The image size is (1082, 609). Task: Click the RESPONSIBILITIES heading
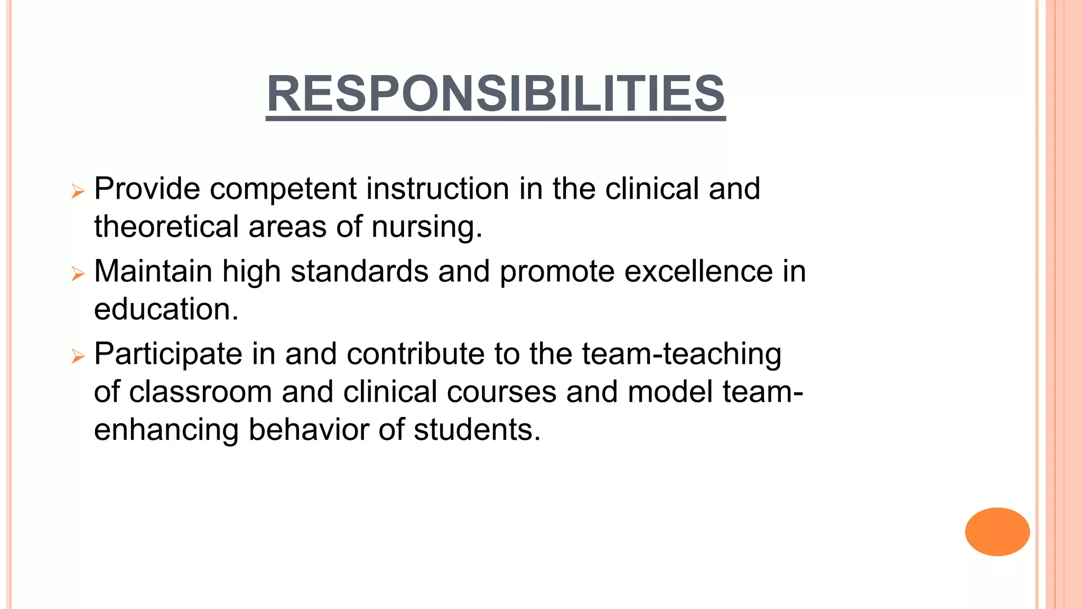(x=496, y=94)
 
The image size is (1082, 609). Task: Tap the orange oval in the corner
(x=997, y=531)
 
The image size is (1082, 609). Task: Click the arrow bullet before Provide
(x=78, y=191)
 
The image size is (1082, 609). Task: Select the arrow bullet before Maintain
(x=78, y=273)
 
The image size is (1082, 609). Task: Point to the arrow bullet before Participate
(x=78, y=356)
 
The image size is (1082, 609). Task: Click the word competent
(x=283, y=189)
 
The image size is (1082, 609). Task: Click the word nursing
(x=426, y=227)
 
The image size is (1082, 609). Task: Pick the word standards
(x=359, y=271)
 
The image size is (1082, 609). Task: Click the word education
(x=166, y=309)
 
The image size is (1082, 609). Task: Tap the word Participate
(x=167, y=354)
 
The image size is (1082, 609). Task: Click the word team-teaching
(x=682, y=354)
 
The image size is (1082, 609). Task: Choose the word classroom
(x=200, y=392)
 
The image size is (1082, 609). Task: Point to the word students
(x=477, y=429)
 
